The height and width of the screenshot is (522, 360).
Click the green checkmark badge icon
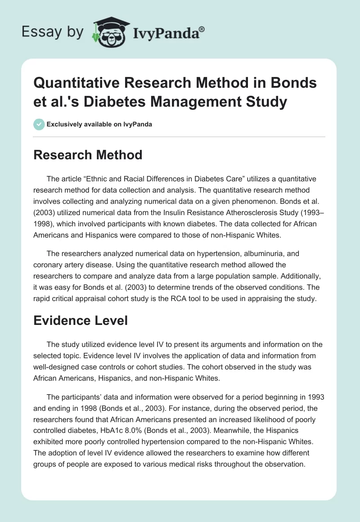click(39, 124)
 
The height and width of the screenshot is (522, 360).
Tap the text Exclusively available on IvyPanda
click(99, 125)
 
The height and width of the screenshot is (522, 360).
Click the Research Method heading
click(88, 155)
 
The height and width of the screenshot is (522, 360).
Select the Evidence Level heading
click(81, 320)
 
